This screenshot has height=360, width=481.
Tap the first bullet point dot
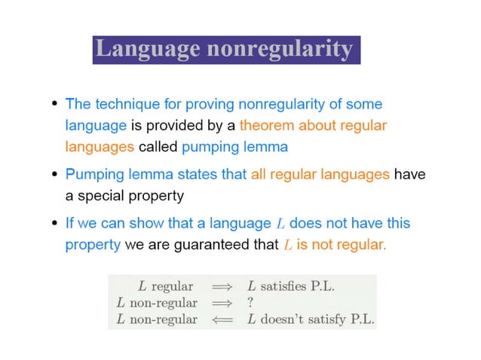[55, 104]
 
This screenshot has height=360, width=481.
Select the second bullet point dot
[55, 175]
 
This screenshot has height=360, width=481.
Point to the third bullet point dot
[55, 224]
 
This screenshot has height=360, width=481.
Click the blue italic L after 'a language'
[280, 224]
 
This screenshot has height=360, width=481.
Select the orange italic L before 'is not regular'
[287, 245]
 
